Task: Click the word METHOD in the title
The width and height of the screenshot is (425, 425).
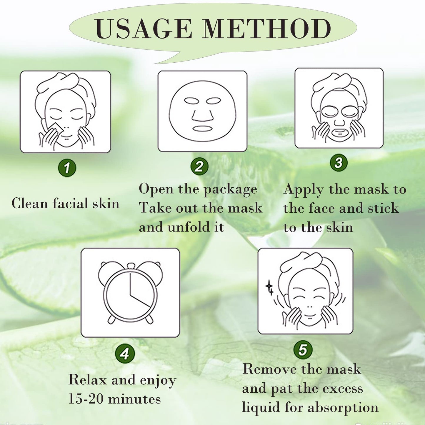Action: click(x=266, y=29)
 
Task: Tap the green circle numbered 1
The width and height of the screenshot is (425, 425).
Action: click(x=67, y=168)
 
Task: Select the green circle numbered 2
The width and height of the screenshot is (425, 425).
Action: click(x=199, y=166)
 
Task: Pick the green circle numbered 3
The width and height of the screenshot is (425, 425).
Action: click(x=339, y=163)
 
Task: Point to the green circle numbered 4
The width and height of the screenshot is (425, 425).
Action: click(x=125, y=354)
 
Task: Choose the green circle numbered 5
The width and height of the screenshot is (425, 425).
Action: click(x=303, y=350)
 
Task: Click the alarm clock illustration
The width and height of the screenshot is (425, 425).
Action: click(x=130, y=293)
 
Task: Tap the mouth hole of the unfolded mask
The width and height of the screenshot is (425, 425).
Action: click(x=202, y=129)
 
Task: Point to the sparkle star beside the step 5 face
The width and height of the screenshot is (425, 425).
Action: click(x=269, y=287)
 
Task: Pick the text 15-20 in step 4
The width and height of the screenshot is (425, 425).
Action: click(x=86, y=399)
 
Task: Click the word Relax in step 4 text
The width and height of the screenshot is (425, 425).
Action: click(x=87, y=380)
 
